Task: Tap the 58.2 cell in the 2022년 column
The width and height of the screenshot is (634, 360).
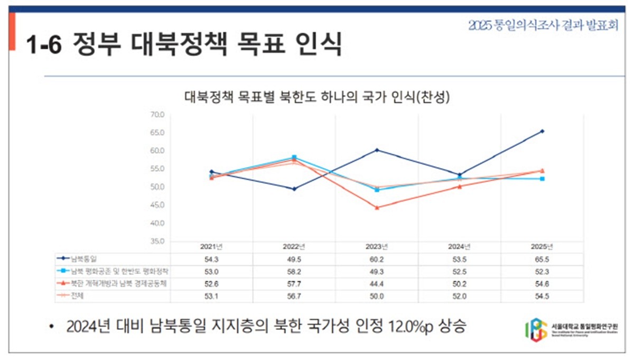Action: tap(294, 271)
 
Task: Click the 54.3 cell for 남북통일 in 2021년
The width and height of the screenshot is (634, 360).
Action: tap(211, 259)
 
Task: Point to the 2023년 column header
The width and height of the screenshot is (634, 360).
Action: tap(377, 246)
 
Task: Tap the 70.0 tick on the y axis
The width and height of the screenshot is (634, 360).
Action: tap(158, 114)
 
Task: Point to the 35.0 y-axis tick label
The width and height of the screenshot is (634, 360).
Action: tap(158, 241)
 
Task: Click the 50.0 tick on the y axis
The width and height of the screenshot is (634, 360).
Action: tap(158, 187)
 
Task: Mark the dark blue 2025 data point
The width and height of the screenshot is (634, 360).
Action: tap(542, 131)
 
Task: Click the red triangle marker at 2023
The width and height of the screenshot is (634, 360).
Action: tap(377, 208)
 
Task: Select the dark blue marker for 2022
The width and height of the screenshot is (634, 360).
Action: tap(294, 189)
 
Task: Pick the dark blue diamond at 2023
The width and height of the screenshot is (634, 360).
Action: tap(377, 150)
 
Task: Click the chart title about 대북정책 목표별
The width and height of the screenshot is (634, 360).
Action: tap(316, 98)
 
